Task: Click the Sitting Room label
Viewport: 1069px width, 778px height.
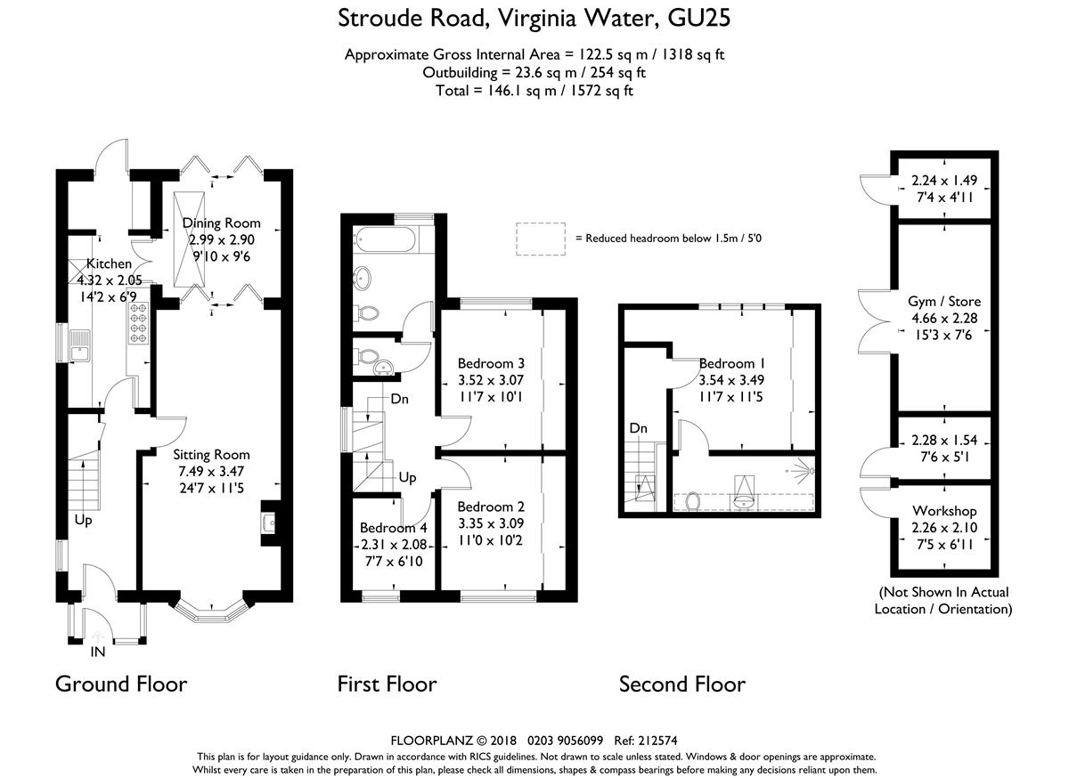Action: click(211, 455)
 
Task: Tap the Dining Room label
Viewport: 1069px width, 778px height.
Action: click(222, 223)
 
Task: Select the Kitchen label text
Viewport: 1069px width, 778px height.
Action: click(109, 263)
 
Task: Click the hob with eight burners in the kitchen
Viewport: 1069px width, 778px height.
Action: click(138, 323)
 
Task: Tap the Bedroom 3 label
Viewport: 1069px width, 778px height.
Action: click(491, 363)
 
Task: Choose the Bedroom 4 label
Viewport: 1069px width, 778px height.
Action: click(394, 528)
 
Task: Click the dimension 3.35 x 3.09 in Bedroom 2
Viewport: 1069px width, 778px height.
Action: click(491, 523)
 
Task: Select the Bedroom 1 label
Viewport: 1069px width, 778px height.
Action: click(732, 363)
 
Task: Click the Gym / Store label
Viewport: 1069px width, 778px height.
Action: click(944, 302)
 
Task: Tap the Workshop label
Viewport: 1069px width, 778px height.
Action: click(944, 511)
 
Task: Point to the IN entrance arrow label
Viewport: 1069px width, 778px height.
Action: click(98, 652)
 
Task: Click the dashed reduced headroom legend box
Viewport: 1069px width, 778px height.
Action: click(541, 239)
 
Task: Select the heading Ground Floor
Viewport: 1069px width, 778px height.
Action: click(121, 684)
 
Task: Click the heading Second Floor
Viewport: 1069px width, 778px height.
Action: click(682, 684)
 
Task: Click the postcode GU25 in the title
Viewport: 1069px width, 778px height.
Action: click(698, 19)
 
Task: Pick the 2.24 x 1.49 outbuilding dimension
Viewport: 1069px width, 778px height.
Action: click(944, 181)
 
